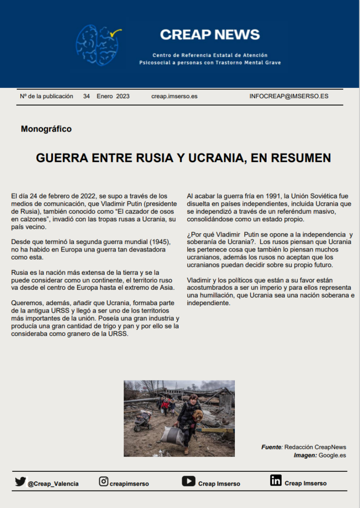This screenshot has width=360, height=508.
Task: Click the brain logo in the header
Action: [98, 45]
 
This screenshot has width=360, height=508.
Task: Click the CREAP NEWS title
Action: [210, 35]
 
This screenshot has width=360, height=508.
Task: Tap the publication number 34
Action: [86, 96]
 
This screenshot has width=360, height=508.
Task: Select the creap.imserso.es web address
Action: [174, 96]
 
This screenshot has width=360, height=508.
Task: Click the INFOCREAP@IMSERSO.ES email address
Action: [288, 96]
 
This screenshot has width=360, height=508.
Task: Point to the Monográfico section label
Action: [46, 129]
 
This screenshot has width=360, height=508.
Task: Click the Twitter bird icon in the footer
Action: [20, 481]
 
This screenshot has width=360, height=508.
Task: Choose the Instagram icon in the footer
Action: [104, 481]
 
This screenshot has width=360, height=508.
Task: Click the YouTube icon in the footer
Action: [188, 481]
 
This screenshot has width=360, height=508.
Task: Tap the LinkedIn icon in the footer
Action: [276, 480]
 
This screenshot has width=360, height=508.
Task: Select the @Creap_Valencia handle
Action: [53, 484]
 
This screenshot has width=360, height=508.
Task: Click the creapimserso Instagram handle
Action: [129, 484]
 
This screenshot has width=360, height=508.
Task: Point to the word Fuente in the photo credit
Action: [272, 447]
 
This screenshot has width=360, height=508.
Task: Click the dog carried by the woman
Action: [198, 415]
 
